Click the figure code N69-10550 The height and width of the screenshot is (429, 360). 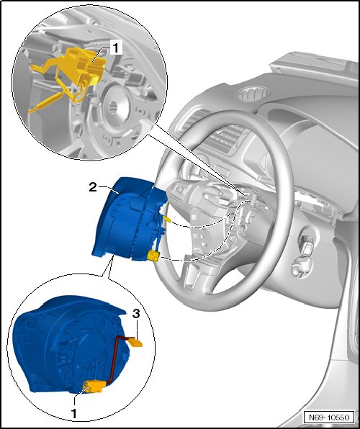pyautogui.click(x=329, y=417)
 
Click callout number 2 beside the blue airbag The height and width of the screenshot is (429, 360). pyautogui.click(x=93, y=187)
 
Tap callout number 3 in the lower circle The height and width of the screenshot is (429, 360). pyautogui.click(x=136, y=314)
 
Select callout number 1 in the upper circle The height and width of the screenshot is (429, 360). pyautogui.click(x=115, y=48)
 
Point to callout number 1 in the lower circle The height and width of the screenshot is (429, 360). pyautogui.click(x=73, y=414)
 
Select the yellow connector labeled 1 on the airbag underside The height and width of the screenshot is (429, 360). pyautogui.click(x=94, y=387)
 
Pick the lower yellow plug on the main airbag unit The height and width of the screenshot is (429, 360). pyautogui.click(x=153, y=256)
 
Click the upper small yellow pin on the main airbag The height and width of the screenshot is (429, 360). pyautogui.click(x=167, y=218)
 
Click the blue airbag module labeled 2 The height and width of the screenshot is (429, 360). pyautogui.click(x=129, y=219)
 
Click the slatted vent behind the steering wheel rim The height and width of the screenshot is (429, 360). pyautogui.click(x=225, y=140)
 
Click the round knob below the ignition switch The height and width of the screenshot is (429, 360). pyautogui.click(x=300, y=268)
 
